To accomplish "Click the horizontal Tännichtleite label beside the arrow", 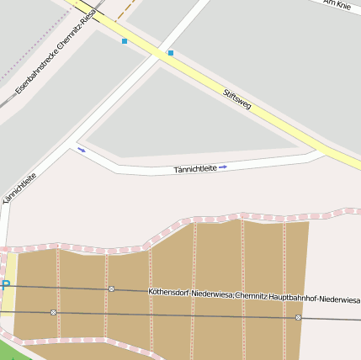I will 195,169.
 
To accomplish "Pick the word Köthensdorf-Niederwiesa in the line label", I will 190,293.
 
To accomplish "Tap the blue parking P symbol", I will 5,287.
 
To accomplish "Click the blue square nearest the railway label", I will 125,41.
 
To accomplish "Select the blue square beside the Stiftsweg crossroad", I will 171,53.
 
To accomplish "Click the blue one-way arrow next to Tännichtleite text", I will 223,167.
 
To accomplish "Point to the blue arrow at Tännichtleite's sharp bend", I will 82,150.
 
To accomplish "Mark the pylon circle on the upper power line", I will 111,289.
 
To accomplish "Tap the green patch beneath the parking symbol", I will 8,345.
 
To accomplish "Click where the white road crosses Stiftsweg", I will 159,51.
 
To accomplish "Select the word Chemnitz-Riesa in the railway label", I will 77,44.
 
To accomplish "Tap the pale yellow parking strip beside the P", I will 11,273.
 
